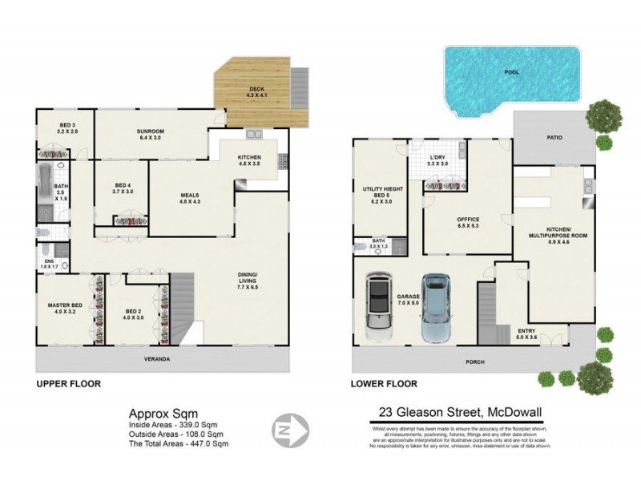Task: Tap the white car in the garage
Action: pyautogui.click(x=377, y=307)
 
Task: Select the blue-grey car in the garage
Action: pyautogui.click(x=434, y=308)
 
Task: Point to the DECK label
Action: pyautogui.click(x=255, y=89)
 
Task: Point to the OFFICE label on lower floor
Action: pyautogui.click(x=467, y=222)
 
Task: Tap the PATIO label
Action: pyautogui.click(x=554, y=137)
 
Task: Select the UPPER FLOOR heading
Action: pyautogui.click(x=68, y=384)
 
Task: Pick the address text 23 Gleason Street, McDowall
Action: pyautogui.click(x=460, y=414)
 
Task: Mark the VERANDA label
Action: pyautogui.click(x=157, y=358)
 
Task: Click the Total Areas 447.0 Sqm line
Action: pyautogui.click(x=179, y=443)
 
